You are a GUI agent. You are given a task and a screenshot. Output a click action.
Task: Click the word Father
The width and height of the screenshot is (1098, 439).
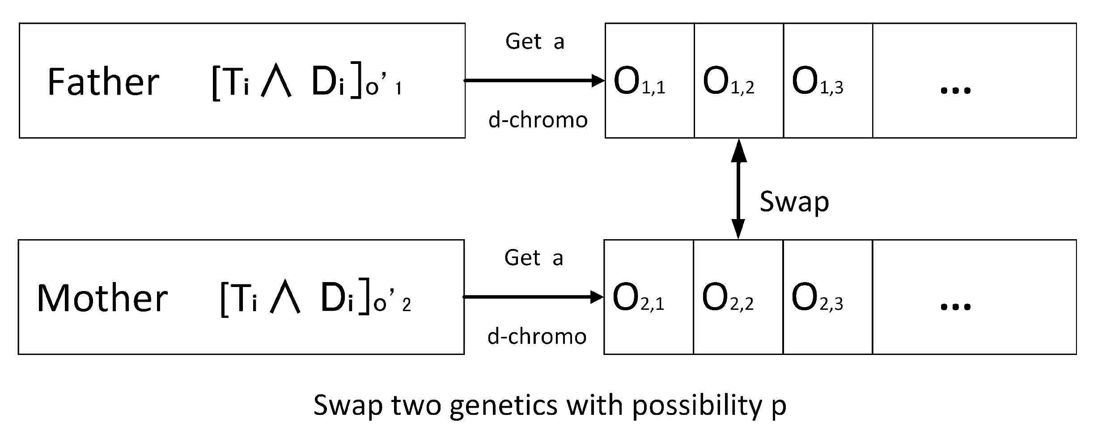coord(103,82)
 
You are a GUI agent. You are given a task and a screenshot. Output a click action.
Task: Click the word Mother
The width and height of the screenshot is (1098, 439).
coord(102,298)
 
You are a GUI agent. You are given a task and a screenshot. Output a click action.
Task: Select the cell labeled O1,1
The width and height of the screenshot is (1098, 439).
coord(649,81)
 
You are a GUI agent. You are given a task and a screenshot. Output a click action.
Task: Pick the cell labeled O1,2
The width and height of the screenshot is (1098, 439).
coord(738,81)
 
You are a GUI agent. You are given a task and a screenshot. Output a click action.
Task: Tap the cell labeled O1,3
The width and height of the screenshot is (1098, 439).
coord(827,81)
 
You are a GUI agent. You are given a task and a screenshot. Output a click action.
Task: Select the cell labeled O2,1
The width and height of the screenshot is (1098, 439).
coord(648,297)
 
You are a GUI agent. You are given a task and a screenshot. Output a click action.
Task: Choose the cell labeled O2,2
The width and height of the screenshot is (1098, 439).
coord(738,297)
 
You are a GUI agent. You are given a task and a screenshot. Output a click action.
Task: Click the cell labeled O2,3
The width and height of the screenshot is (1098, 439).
coord(827,297)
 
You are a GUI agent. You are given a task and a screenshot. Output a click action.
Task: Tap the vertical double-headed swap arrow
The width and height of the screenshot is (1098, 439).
coord(738,189)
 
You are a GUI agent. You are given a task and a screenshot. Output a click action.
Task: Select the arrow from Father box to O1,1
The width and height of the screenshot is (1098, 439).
coord(534,80)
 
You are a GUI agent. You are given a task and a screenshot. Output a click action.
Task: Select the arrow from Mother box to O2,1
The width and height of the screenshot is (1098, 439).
coord(533,297)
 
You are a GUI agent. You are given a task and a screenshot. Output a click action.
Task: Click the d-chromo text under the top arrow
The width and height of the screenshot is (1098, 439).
coord(538,120)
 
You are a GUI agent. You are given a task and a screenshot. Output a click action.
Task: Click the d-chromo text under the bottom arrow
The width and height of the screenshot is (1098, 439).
coord(537,336)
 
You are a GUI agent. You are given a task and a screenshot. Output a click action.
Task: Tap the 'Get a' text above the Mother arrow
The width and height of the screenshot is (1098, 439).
coord(534,258)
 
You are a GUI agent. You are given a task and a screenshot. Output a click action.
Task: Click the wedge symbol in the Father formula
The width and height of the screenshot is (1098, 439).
coord(276,83)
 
